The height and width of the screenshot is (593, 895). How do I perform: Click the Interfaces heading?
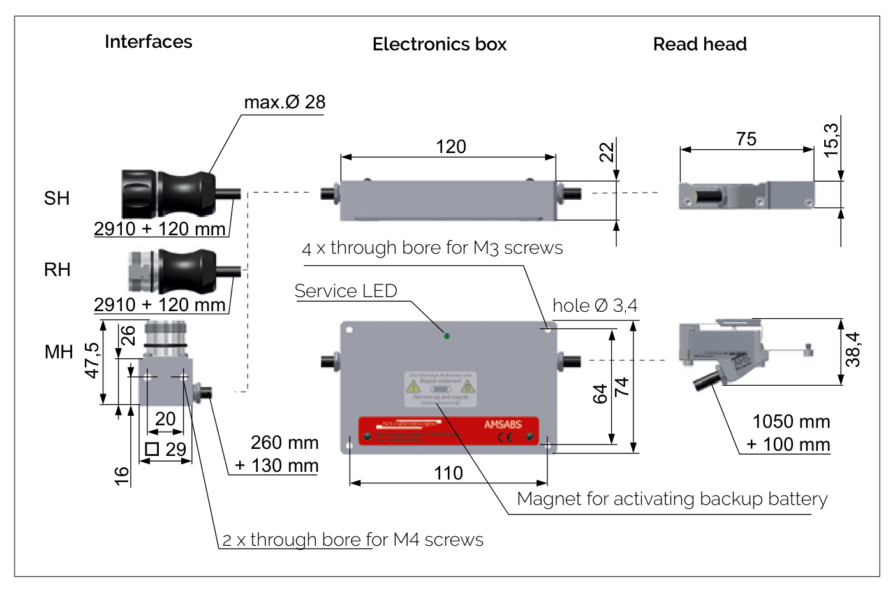click(x=148, y=42)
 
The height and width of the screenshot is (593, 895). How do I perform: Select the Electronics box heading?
click(x=439, y=45)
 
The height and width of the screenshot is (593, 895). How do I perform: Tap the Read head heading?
click(x=700, y=45)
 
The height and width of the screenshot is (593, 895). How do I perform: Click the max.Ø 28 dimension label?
click(x=285, y=102)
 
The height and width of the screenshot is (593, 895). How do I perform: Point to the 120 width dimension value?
click(x=450, y=147)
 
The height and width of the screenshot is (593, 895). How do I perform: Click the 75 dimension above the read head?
click(x=746, y=139)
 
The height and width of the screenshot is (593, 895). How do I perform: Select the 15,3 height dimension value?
click(x=831, y=140)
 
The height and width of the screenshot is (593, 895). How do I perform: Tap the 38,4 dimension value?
click(x=853, y=349)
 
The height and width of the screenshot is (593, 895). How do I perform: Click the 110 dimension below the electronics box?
click(x=448, y=473)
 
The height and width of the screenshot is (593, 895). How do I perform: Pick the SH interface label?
click(x=57, y=198)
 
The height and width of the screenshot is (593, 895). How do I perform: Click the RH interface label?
click(x=57, y=270)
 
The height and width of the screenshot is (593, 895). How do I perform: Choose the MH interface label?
click(x=59, y=352)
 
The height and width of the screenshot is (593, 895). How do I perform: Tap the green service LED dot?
click(x=447, y=335)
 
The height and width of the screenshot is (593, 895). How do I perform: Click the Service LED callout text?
click(x=346, y=291)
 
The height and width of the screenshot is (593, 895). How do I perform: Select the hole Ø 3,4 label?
click(x=595, y=306)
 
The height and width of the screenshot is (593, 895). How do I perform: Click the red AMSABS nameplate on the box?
click(x=448, y=430)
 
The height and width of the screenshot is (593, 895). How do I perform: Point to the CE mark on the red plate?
click(x=505, y=437)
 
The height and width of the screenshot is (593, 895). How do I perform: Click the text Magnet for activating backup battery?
click(x=672, y=499)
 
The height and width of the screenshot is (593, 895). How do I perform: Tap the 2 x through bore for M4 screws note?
click(x=353, y=540)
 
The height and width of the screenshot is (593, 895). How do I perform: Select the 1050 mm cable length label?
click(x=791, y=421)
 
